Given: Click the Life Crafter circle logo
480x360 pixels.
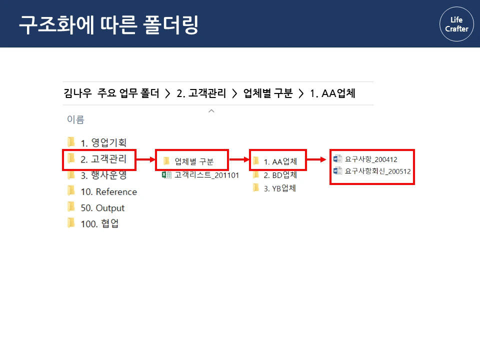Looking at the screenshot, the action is point(456,24).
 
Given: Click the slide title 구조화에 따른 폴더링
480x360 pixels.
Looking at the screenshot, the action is point(108,24).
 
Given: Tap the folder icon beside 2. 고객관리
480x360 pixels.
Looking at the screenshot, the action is point(71,159).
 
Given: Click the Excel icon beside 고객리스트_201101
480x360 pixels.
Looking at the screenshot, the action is point(165,175).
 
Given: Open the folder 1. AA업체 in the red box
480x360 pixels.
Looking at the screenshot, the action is point(280,161).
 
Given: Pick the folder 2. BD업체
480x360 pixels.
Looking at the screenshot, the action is point(280,175).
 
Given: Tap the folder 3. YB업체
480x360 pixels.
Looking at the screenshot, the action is point(279,188).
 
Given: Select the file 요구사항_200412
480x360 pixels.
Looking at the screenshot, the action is point(370,159).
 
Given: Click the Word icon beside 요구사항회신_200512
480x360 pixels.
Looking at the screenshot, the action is point(337,171).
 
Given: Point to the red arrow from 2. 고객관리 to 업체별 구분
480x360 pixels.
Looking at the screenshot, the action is point(145,160).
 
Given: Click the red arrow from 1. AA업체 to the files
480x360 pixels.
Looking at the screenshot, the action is point(317,160).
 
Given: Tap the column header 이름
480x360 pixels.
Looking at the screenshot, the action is point(75,119).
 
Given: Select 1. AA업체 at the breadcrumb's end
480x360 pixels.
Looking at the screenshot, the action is point(332,93).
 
